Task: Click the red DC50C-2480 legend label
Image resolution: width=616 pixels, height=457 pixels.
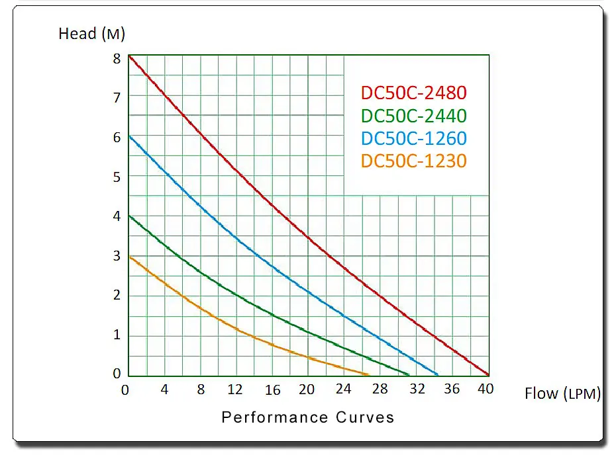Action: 414,93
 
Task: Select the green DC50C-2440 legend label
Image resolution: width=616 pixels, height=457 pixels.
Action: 414,116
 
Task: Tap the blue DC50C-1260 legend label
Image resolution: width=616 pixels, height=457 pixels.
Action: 414,138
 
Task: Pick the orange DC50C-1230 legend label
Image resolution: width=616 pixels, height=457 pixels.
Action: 414,161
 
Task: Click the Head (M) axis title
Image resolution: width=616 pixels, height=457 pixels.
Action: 91,34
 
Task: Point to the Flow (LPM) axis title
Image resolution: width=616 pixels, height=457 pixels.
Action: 562,393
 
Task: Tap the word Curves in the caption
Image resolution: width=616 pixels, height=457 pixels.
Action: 365,417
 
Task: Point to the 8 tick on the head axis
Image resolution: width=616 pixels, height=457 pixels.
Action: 117,59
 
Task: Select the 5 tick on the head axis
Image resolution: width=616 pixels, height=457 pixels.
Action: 117,177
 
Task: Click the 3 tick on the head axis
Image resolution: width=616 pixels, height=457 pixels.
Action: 117,256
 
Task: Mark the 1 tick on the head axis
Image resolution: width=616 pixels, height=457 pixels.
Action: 117,335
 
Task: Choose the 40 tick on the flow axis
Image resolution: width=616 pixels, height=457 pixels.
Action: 486,389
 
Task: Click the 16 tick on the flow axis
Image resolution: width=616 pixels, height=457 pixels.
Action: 273,390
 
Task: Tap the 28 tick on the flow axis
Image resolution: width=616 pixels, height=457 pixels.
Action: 380,389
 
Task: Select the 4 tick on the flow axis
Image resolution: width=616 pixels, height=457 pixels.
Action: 164,389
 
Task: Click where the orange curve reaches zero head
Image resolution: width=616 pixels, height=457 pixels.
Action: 368,374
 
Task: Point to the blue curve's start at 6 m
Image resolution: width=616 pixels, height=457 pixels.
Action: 130,136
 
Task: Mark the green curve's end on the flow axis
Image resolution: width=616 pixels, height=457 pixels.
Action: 409,374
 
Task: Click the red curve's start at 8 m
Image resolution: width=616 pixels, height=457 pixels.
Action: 130,57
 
